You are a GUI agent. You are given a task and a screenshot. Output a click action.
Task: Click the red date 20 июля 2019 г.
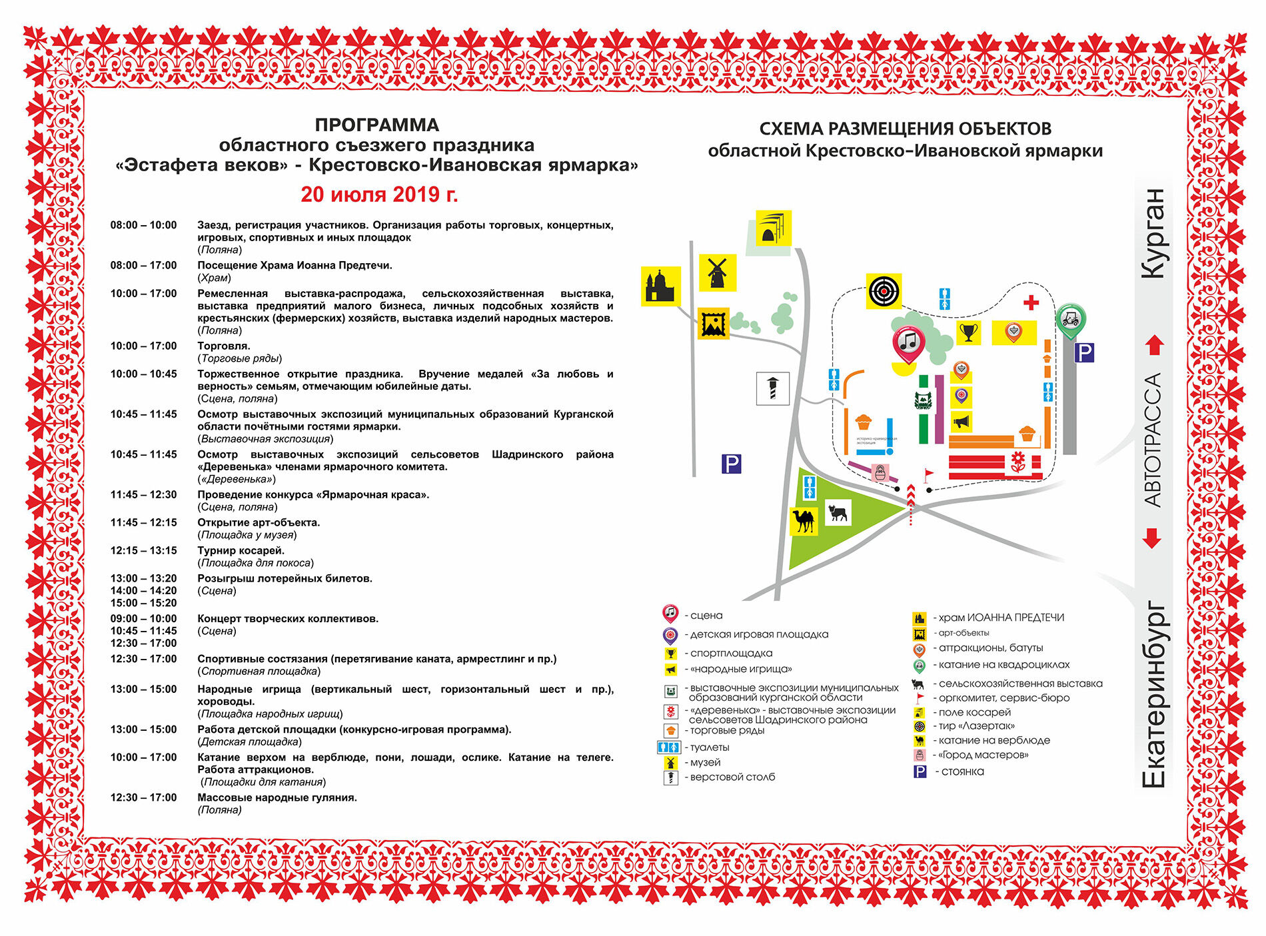click(x=379, y=195)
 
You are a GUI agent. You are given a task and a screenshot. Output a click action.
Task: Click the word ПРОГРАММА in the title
click(x=377, y=125)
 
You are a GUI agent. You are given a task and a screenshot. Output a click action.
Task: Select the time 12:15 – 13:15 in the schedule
click(x=144, y=551)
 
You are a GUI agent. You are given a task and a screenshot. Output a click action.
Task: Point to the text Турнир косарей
click(x=241, y=551)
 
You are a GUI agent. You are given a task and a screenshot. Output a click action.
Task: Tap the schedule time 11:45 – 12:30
click(x=144, y=495)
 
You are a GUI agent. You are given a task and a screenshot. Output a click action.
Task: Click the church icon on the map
click(x=660, y=286)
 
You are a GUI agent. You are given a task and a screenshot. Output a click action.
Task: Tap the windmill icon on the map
click(x=717, y=272)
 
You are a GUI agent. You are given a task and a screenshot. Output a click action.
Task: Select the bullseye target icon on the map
click(x=884, y=291)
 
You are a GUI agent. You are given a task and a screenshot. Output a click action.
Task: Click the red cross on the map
click(x=1031, y=303)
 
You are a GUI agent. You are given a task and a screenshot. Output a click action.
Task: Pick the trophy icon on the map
click(x=968, y=332)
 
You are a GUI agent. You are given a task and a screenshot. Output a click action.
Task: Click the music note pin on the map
click(x=908, y=342)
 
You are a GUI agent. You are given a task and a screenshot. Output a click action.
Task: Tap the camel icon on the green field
click(x=804, y=520)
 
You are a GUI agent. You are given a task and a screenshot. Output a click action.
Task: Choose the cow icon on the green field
click(x=837, y=513)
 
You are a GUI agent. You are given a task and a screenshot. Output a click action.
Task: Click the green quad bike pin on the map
click(x=1070, y=320)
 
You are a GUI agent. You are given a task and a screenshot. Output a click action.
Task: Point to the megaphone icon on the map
click(x=961, y=422)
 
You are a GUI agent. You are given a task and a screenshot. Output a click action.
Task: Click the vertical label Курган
click(x=1154, y=233)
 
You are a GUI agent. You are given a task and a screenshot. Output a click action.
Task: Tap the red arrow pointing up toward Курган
click(x=1155, y=345)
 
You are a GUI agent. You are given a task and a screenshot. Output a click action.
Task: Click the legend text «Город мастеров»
click(x=983, y=755)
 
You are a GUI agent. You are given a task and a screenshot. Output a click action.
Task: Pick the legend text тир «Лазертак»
click(x=976, y=726)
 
